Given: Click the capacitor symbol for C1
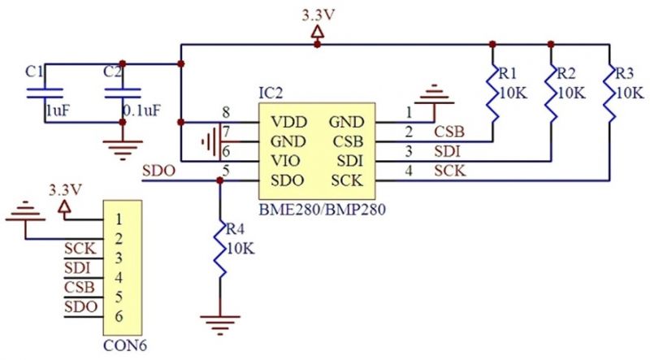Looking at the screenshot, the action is (45, 93).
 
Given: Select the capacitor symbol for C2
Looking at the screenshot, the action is (123, 93).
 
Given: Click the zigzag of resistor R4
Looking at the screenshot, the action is (220, 249).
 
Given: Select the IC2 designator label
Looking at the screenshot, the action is (271, 93).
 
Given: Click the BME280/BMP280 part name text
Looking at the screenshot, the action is (322, 209).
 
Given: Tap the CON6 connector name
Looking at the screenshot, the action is (125, 345).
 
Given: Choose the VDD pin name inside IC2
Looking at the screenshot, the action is (289, 123).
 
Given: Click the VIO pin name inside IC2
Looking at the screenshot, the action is (286, 161).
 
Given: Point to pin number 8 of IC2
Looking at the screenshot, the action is (226, 112).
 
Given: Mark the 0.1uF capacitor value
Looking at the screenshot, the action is (141, 111).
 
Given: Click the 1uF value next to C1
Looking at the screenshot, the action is (57, 111).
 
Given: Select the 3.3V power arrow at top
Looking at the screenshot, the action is (318, 33).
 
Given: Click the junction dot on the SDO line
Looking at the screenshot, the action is (220, 180).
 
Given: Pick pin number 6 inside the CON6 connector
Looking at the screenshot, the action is (119, 316).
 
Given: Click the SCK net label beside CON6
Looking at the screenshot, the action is (80, 249).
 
